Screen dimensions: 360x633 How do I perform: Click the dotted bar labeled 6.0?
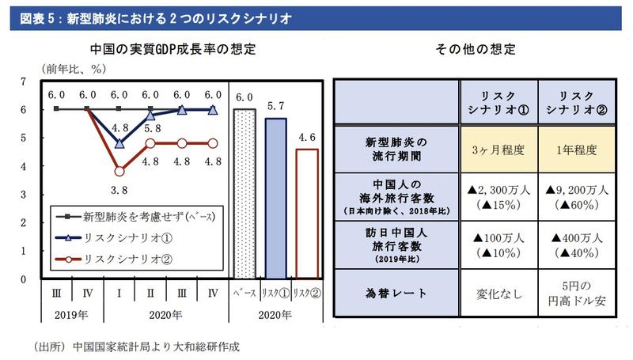243,194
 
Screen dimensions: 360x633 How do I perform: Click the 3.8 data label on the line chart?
118,190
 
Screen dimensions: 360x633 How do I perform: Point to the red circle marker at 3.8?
119,171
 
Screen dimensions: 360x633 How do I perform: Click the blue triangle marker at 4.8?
119,143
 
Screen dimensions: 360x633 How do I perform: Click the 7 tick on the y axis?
23,81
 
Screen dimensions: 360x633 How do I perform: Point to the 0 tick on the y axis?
23,279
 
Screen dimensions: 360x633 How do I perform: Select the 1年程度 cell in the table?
576,148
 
